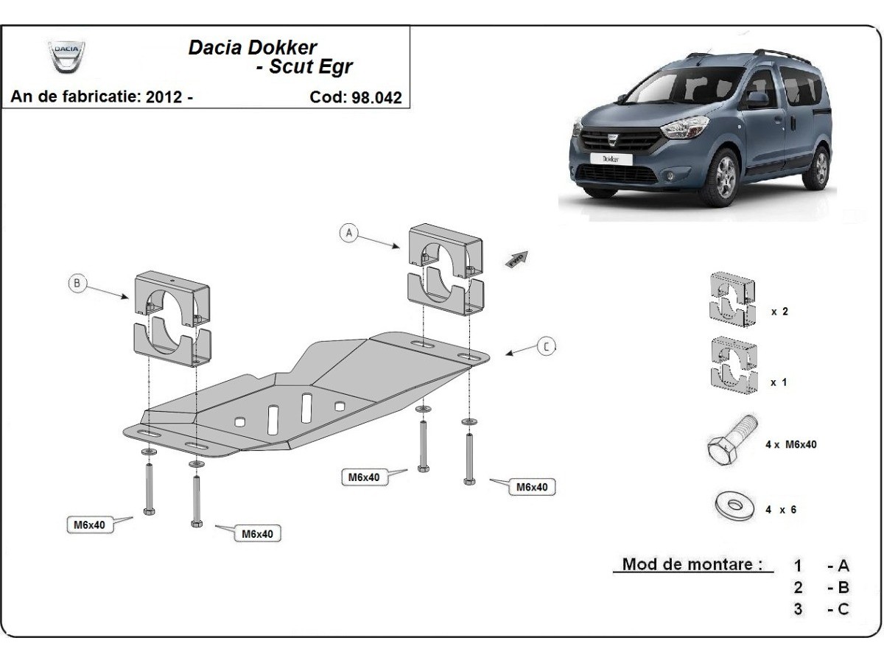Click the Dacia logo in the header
point(66,56)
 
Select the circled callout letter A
point(349,233)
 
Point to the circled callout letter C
point(545,346)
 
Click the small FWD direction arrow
point(516,259)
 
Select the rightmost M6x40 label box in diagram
point(531,487)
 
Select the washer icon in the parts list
point(734,506)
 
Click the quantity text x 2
point(779,312)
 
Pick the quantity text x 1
point(779,382)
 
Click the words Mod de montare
point(692,565)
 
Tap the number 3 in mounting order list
point(799,609)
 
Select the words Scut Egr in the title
point(310,67)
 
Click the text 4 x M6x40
point(790,444)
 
